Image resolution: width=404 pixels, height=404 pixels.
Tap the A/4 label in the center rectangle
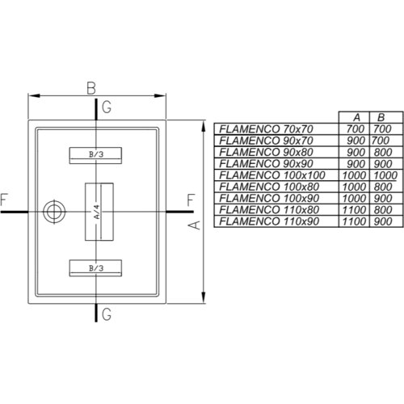click(97, 212)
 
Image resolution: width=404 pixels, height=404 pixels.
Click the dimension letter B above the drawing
click(91, 88)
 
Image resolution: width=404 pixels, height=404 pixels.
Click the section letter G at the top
click(107, 107)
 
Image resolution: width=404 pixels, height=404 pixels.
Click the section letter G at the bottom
click(107, 314)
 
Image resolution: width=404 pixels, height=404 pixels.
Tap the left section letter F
click(4, 200)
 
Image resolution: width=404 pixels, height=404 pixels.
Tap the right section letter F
click(191, 200)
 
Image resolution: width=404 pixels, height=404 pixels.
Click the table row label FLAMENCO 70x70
click(266, 129)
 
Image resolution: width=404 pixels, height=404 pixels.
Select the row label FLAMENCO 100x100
click(272, 175)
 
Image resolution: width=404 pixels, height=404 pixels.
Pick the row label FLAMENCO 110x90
click(269, 221)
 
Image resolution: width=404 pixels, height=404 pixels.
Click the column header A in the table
click(356, 117)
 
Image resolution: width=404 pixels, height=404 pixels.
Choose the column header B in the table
click(381, 117)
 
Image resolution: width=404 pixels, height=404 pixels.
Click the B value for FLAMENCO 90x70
click(381, 141)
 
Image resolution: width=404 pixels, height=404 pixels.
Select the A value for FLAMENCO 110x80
click(354, 210)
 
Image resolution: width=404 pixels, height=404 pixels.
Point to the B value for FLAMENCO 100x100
click(385, 175)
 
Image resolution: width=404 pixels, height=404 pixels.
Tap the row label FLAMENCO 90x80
click(266, 152)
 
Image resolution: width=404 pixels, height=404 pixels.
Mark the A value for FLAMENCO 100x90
click(354, 198)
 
